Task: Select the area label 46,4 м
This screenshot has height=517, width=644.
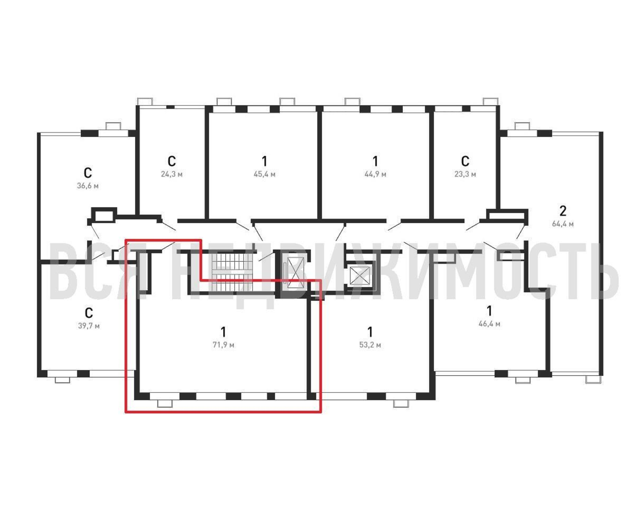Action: [489, 324]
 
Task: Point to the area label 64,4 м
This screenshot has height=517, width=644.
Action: [563, 224]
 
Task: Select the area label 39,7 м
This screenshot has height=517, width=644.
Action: [89, 325]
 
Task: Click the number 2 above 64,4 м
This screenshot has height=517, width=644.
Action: [563, 211]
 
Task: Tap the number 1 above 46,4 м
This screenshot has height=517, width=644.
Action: [489, 311]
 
